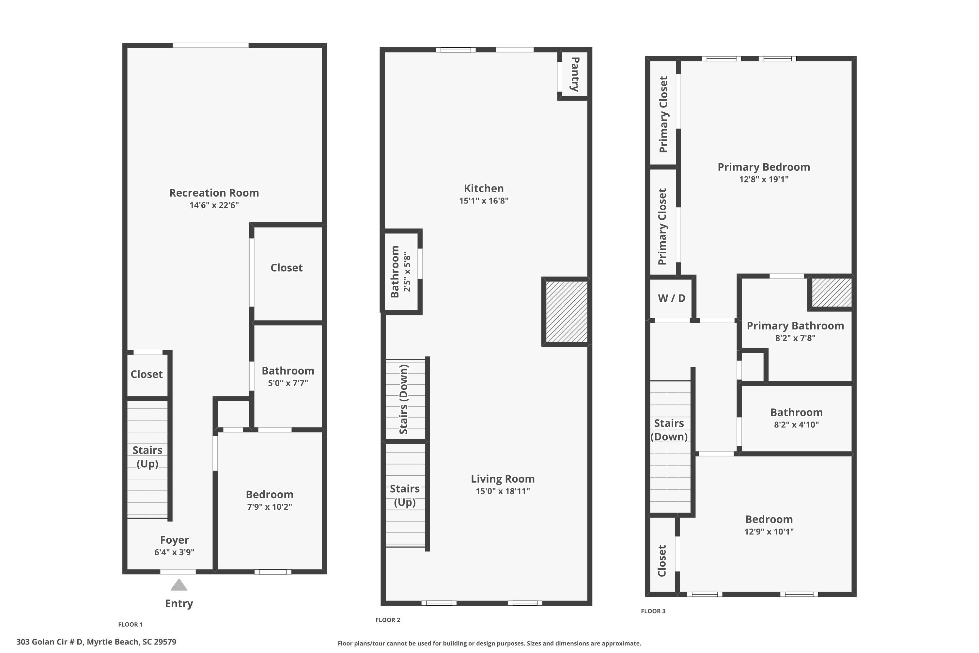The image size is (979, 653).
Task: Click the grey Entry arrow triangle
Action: click(179, 585)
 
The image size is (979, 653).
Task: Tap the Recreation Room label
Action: click(214, 193)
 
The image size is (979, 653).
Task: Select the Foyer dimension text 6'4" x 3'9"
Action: click(174, 552)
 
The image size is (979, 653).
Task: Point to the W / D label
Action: click(671, 298)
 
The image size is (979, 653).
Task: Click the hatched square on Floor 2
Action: click(566, 311)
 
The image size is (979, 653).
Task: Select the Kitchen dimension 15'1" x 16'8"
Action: click(484, 201)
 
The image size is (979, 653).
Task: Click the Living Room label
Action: click(503, 479)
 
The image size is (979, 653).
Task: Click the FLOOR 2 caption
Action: click(388, 620)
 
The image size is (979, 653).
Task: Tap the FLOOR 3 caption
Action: click(653, 611)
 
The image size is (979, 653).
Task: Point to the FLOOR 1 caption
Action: click(130, 624)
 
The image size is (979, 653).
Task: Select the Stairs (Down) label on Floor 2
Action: click(403, 399)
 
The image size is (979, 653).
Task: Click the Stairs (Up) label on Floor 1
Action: click(148, 457)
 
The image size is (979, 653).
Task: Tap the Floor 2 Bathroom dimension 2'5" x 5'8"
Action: click(407, 272)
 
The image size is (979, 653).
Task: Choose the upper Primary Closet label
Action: click(663, 114)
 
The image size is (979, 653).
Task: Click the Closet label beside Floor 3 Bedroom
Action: click(662, 561)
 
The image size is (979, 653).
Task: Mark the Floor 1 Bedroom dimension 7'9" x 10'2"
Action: click(270, 507)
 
